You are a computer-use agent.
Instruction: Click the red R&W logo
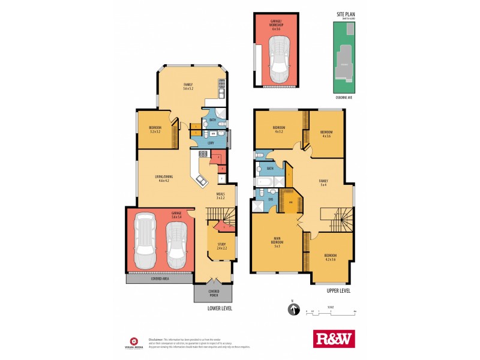coord(334,338)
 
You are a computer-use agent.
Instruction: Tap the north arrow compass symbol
coord(294,310)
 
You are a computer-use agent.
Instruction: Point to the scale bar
coord(331,313)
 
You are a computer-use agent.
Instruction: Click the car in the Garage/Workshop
coord(278,60)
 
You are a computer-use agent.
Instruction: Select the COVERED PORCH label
coord(214,293)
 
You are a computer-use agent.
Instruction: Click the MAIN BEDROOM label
coord(277,244)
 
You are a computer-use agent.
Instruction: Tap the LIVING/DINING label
coord(162,178)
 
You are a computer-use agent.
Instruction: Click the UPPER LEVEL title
coord(338,290)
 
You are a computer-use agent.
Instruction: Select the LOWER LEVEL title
coord(219,308)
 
